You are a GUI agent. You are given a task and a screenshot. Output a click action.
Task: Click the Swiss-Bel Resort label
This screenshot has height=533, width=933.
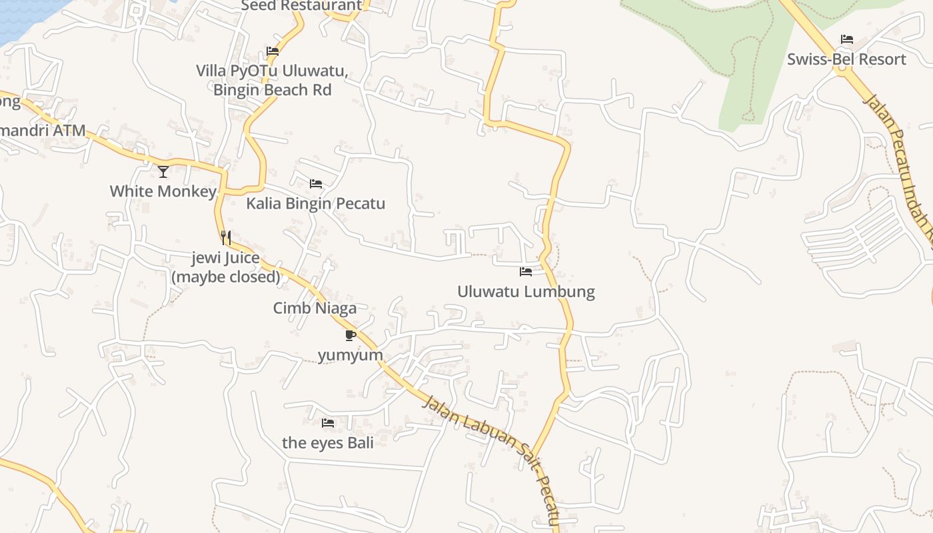(846, 59)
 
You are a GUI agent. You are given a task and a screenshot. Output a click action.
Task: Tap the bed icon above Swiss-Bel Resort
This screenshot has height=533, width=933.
(847, 39)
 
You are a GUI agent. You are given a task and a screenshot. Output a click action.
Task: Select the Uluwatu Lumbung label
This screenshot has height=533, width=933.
(526, 292)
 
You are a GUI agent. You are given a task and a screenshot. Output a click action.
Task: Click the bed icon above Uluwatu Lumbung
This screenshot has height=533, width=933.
(526, 272)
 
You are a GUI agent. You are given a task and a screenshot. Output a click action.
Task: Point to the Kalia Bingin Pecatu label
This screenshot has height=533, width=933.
(315, 203)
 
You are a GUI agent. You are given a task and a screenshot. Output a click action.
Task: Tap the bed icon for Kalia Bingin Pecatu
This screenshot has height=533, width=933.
(316, 184)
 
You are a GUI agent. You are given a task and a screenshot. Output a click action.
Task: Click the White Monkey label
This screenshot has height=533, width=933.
(163, 191)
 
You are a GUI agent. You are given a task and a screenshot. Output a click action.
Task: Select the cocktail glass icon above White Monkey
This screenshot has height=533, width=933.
(163, 172)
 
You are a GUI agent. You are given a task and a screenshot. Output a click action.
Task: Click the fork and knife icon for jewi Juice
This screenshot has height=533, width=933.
(226, 238)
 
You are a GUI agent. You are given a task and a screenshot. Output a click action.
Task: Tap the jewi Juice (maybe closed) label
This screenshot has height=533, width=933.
(226, 267)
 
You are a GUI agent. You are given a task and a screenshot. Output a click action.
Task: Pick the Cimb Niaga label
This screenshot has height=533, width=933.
(315, 308)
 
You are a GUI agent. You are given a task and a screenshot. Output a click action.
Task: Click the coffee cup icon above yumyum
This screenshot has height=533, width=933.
(351, 335)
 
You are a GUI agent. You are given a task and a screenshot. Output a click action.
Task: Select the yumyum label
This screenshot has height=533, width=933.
(351, 354)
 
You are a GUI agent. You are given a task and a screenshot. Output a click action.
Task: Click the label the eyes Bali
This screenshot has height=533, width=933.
(327, 442)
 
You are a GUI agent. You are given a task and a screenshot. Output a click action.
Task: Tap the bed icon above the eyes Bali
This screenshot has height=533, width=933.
(327, 423)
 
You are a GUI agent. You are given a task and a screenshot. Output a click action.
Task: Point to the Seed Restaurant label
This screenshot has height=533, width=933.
(301, 6)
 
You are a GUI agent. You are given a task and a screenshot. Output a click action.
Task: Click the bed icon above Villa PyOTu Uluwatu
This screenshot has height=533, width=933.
(272, 51)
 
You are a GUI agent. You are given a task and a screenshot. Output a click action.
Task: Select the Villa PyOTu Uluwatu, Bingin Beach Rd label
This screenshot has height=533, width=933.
(272, 80)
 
